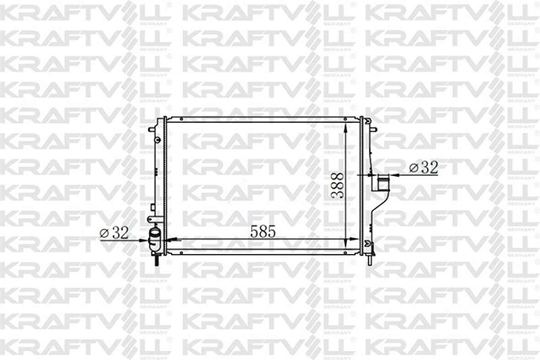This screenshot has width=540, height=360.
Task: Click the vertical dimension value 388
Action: [x=337, y=185]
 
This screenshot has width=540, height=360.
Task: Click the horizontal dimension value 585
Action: [x=263, y=232]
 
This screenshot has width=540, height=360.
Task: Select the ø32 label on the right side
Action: [x=423, y=168]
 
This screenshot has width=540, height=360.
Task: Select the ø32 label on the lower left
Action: [x=114, y=233]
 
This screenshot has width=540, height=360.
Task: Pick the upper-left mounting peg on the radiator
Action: [x=151, y=130]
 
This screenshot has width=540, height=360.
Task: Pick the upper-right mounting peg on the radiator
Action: [x=374, y=130]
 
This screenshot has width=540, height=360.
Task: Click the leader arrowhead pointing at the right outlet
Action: [x=392, y=174]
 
